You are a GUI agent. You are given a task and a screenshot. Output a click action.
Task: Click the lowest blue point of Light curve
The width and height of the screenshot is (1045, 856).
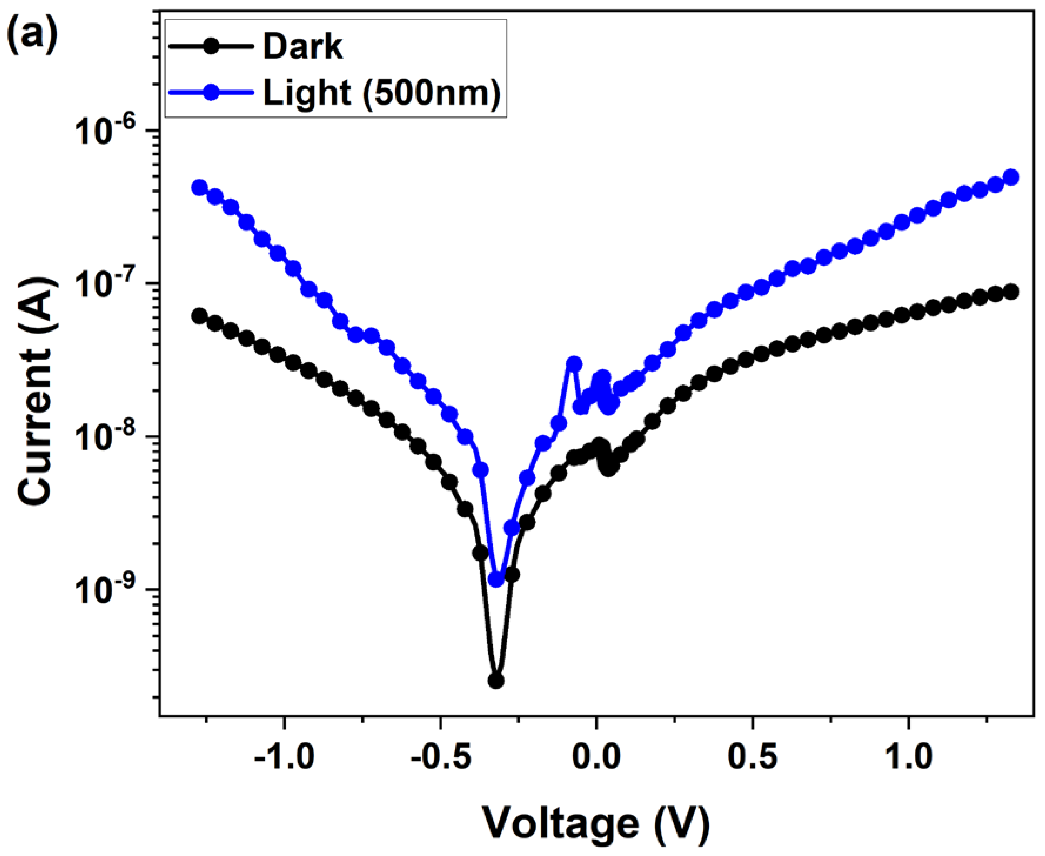[x=497, y=580]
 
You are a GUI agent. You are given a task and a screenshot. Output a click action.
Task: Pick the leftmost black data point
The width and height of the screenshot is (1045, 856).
[x=199, y=316]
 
